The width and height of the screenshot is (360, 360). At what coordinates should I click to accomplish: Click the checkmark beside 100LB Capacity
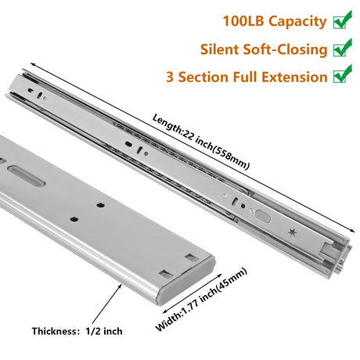343,20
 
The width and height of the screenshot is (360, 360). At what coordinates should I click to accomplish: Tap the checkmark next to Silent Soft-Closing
343,48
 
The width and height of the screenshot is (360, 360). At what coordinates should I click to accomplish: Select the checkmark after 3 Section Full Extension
343,74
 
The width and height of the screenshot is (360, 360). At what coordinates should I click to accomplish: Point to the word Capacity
297,22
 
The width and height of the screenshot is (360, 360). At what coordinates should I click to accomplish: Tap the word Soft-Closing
285,49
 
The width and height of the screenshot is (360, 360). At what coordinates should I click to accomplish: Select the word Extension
294,77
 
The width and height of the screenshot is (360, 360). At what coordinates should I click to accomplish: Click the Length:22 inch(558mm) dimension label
201,142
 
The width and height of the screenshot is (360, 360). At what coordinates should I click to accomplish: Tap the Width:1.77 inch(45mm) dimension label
201,300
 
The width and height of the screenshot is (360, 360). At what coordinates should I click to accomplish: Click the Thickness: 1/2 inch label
77,331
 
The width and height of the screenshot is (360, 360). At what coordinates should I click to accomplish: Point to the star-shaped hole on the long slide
292,232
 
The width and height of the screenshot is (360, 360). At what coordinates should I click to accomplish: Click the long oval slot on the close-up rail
26,175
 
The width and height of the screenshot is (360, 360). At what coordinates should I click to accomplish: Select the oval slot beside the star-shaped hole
263,216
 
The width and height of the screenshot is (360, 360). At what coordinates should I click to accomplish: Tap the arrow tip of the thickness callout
121,285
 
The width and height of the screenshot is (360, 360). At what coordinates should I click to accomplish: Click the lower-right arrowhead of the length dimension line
354,232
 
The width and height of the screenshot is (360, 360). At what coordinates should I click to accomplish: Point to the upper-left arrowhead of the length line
31,64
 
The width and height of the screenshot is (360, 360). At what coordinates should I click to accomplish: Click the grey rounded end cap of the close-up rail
187,282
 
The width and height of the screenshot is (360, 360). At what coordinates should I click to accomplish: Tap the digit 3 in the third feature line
170,77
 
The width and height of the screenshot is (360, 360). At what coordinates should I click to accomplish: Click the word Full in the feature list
245,77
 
